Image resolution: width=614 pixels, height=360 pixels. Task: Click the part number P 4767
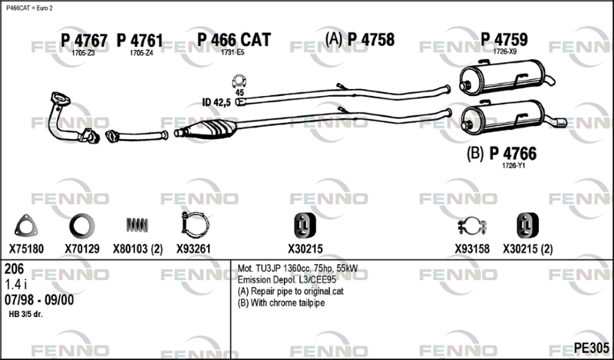click(x=84, y=41)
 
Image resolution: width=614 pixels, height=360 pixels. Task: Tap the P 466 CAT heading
click(x=233, y=41)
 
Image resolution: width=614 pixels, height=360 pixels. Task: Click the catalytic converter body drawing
click(x=213, y=130)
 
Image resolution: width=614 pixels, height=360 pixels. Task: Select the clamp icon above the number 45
click(x=239, y=81)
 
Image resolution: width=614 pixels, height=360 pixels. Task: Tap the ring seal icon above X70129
click(x=81, y=226)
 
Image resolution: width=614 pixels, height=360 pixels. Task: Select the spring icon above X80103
click(x=136, y=225)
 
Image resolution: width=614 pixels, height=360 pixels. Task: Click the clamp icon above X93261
click(x=192, y=226)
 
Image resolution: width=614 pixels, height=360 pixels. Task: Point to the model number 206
click(x=15, y=269)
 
